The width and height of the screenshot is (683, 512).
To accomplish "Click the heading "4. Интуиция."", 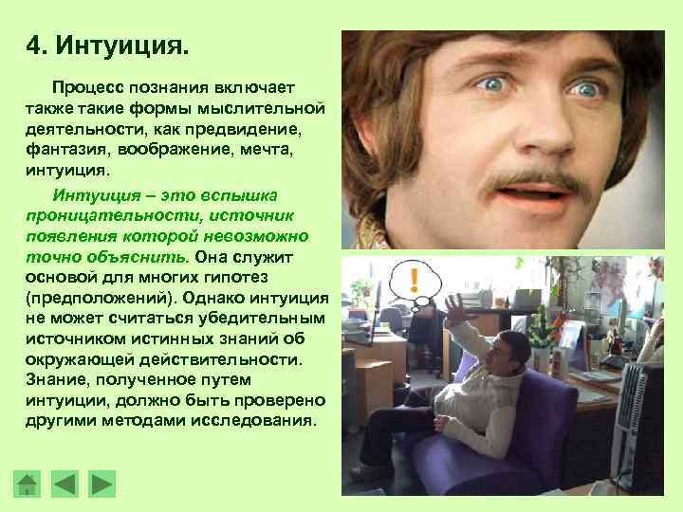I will pyautogui.click(x=109, y=46).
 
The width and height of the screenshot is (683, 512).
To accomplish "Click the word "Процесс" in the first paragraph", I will pyautogui.click(x=90, y=87).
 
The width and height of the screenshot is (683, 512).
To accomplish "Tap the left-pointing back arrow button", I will pyautogui.click(x=64, y=485).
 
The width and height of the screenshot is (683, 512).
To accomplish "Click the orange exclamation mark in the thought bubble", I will pyautogui.click(x=415, y=279).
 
